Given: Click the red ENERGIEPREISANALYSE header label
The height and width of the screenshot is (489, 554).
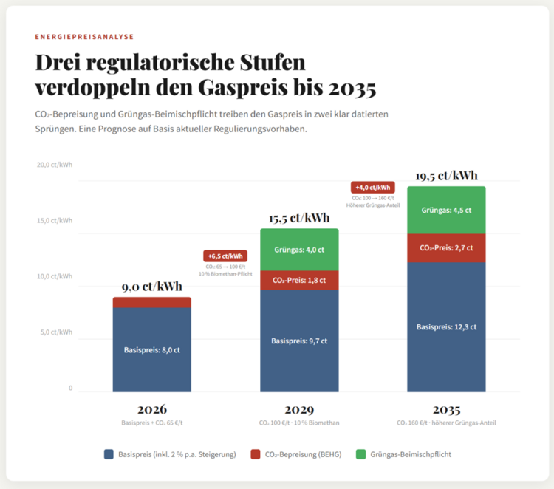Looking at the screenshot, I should (84, 36).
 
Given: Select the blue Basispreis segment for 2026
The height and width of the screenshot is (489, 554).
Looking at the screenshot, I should (151, 349).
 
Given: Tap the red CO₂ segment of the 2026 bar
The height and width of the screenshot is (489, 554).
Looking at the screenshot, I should (151, 302).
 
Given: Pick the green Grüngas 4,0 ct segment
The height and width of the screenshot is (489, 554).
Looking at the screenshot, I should (299, 250).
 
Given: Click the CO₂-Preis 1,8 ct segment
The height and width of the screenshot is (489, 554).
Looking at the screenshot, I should (299, 281).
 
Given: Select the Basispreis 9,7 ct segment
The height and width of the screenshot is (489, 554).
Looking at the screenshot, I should (299, 341).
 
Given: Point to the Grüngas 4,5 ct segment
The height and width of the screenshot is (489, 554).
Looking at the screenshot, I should (446, 210).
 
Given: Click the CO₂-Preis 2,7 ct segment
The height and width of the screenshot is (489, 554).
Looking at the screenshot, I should (446, 248).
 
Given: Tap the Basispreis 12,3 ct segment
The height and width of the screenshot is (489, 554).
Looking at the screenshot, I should (446, 326).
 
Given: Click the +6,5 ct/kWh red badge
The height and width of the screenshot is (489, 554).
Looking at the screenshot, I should (225, 256).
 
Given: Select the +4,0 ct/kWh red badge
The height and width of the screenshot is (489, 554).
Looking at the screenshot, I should (373, 188).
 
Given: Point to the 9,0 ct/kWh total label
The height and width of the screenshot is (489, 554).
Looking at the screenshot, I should (151, 287).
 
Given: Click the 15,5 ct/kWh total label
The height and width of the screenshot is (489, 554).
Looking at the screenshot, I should (299, 218).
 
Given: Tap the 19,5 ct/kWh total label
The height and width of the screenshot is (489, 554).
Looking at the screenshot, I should (446, 176).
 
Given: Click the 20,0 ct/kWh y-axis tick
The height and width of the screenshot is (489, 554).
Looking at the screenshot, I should (55, 165).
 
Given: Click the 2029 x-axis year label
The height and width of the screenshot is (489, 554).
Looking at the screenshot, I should (299, 410).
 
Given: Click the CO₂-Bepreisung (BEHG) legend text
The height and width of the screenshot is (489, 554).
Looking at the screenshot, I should (303, 454).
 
